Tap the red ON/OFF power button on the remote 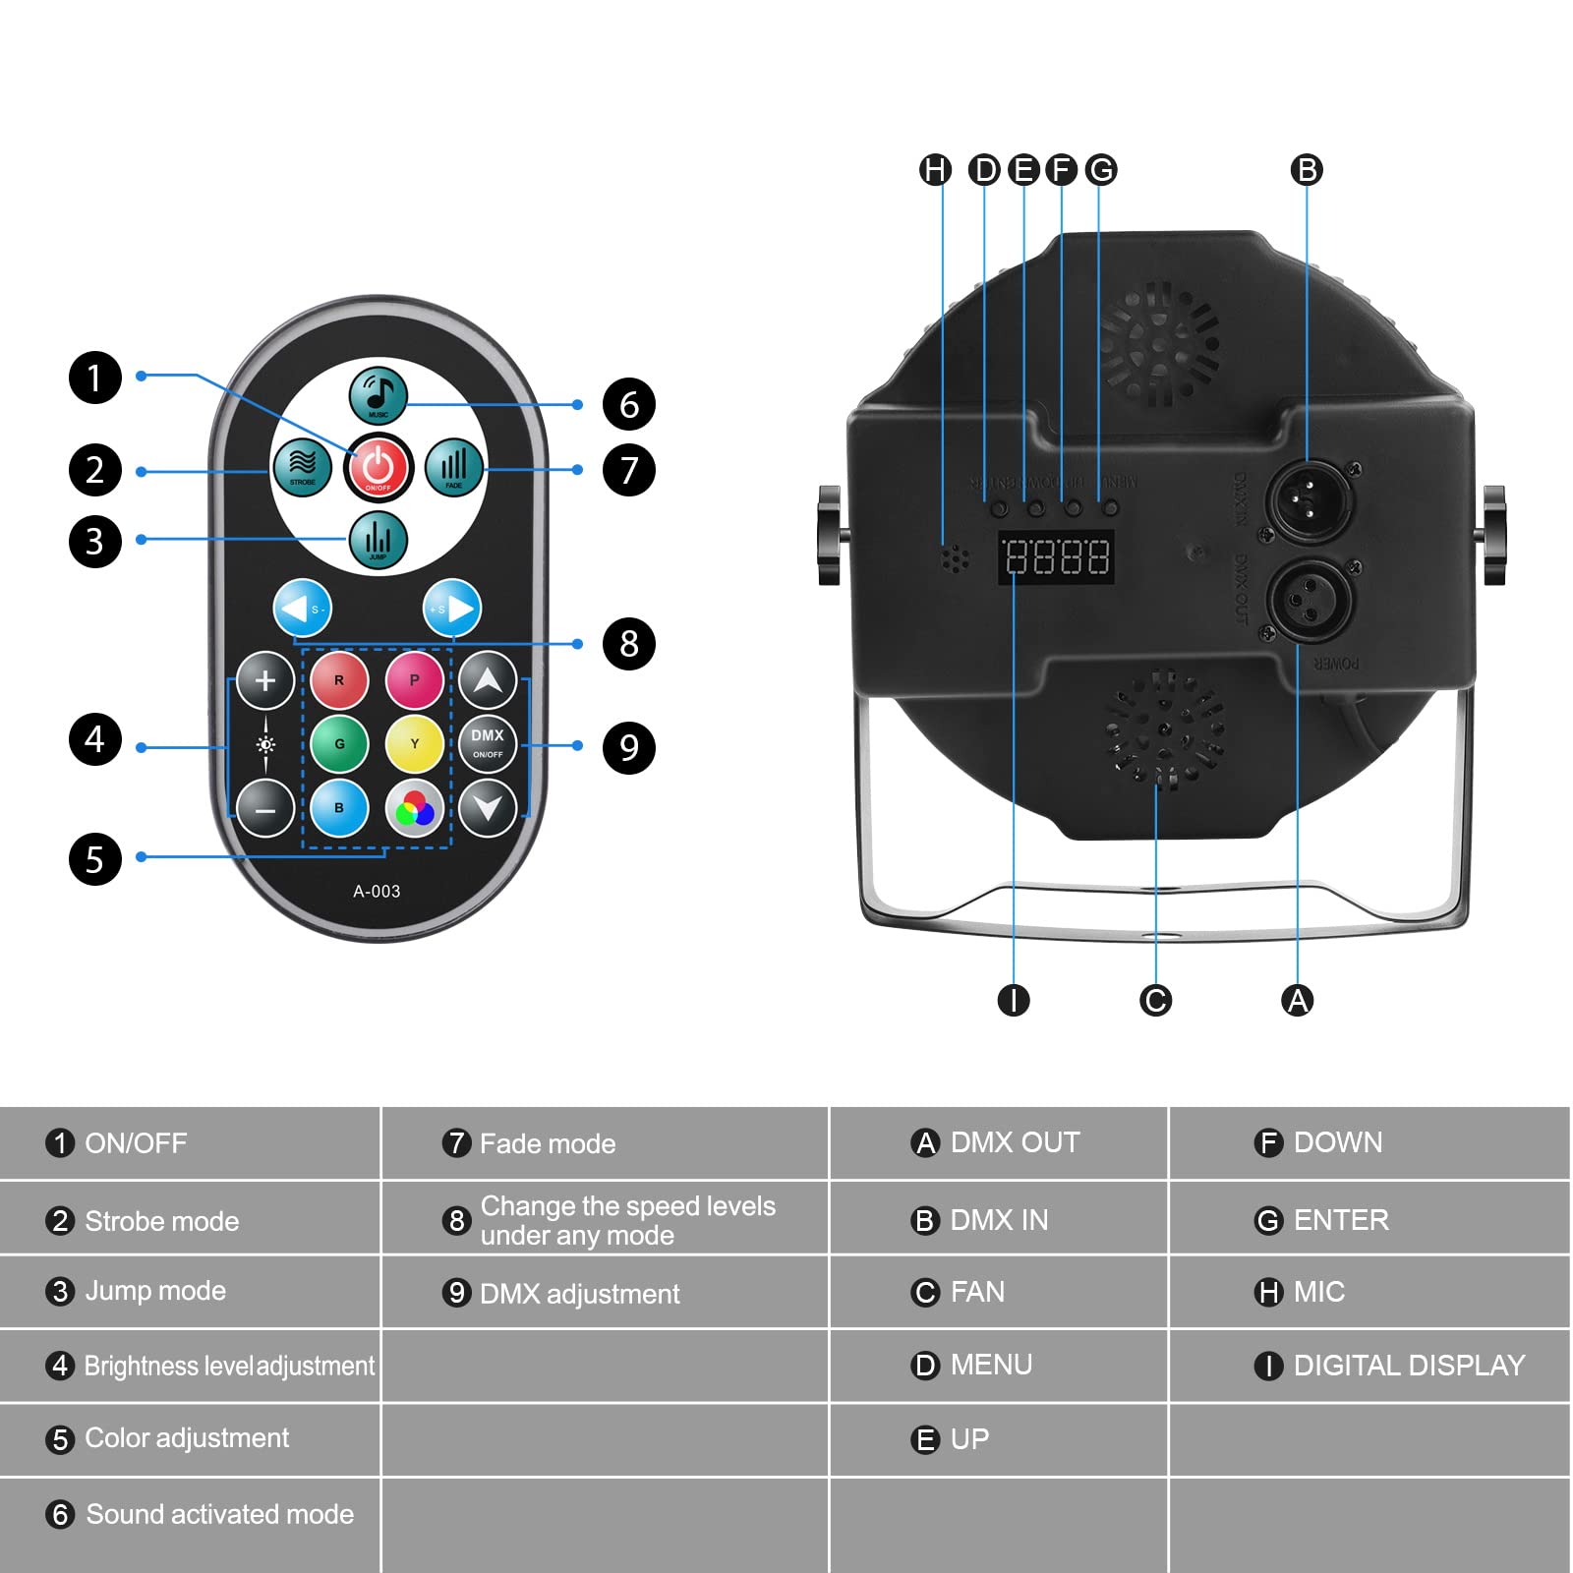click(379, 467)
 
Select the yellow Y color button click(414, 744)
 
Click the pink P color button click(414, 680)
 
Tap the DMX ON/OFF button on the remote click(488, 744)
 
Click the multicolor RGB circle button click(414, 809)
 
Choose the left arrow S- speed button click(303, 609)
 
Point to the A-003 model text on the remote click(377, 892)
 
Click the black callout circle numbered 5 click(95, 858)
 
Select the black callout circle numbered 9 click(629, 747)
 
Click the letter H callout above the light click(935, 170)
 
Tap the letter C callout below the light click(1155, 1001)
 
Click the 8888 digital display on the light click(1057, 557)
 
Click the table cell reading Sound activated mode click(218, 1514)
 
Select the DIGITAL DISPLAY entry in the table click(1408, 1366)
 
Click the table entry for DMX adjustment click(578, 1294)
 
